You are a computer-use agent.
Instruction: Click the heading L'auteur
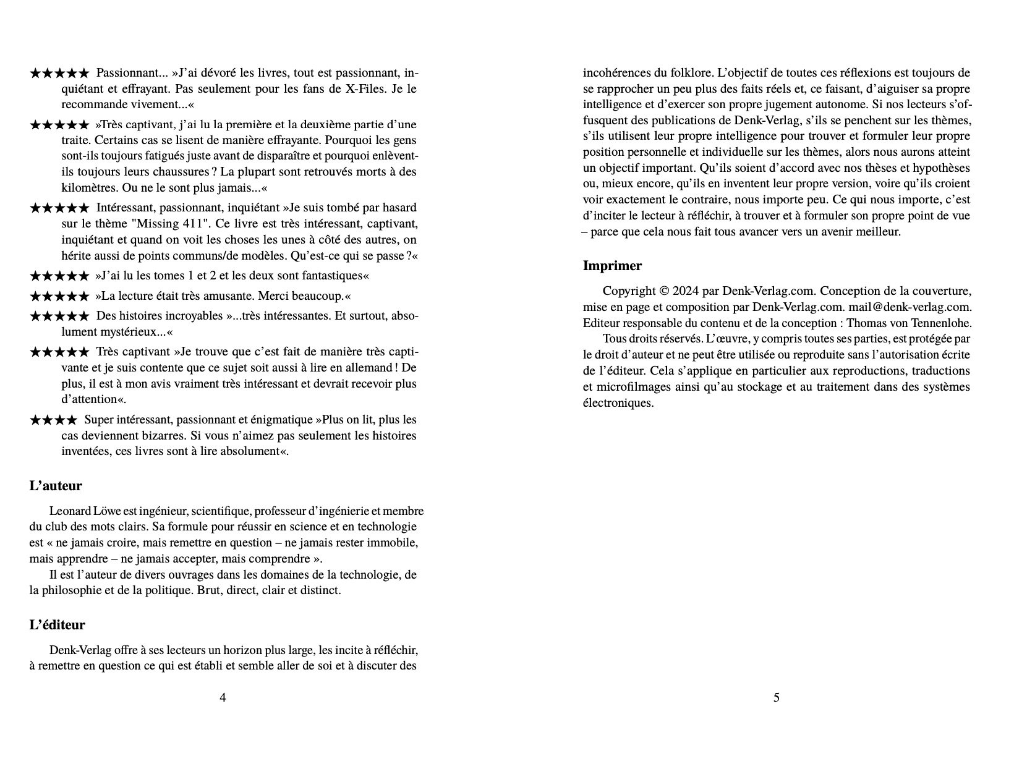(56, 486)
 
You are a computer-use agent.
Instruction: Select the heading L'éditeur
(58, 625)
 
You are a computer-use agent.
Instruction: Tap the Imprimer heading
(612, 266)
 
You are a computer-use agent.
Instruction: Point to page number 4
(223, 698)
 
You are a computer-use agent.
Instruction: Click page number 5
(777, 698)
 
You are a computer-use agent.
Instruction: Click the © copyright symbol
(664, 291)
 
